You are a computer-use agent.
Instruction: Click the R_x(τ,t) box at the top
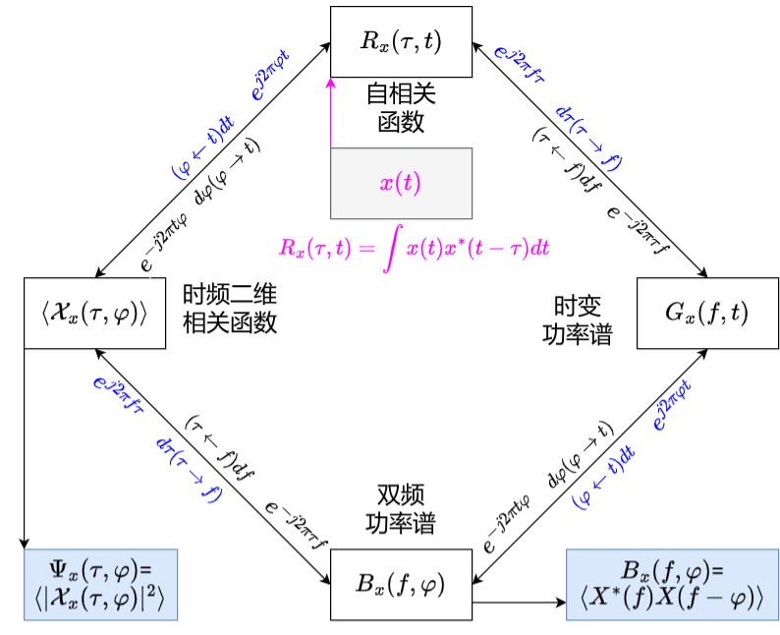point(401,41)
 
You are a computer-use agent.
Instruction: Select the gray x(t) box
point(401,183)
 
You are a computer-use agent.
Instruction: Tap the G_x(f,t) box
point(706,313)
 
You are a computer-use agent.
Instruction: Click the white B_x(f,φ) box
point(401,585)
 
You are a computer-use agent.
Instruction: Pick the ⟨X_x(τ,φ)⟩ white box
point(94,313)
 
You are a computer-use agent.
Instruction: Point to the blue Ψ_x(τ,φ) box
point(98,585)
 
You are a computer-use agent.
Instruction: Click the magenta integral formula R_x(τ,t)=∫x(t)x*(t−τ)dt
point(413,248)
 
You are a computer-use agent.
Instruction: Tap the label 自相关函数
point(401,108)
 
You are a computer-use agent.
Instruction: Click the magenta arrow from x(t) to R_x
point(331,113)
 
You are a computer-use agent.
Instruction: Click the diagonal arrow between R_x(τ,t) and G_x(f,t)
point(589,157)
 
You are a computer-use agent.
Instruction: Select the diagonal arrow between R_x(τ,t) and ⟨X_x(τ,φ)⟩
point(211,157)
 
